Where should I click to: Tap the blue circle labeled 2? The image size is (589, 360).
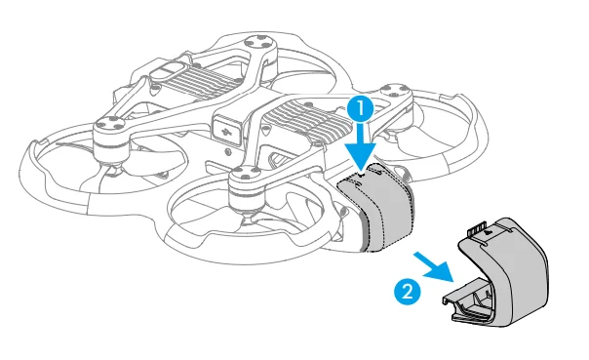click(407, 290)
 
